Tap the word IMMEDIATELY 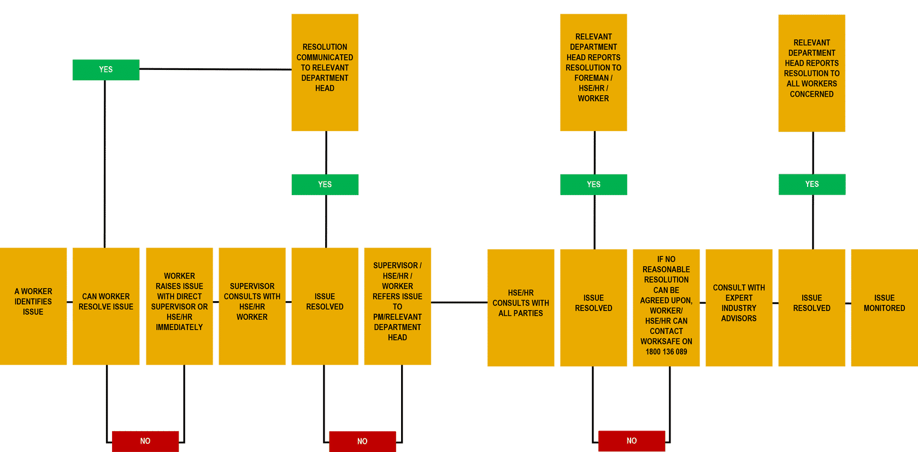click(x=179, y=327)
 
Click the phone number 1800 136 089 click(x=666, y=352)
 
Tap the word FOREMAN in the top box click(x=591, y=78)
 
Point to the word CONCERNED click(x=811, y=95)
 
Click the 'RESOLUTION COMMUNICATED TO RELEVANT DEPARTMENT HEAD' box click(x=325, y=72)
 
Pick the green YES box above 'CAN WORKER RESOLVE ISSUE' click(x=106, y=70)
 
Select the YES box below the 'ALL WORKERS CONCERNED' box click(x=812, y=185)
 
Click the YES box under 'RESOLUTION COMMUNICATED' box click(x=325, y=185)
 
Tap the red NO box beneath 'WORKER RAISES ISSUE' click(x=145, y=441)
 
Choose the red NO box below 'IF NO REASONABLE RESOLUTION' click(x=632, y=441)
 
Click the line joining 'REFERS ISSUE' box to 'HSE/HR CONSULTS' click(x=459, y=302)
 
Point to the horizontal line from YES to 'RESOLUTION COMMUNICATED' click(x=215, y=69)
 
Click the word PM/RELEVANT click(x=397, y=317)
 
